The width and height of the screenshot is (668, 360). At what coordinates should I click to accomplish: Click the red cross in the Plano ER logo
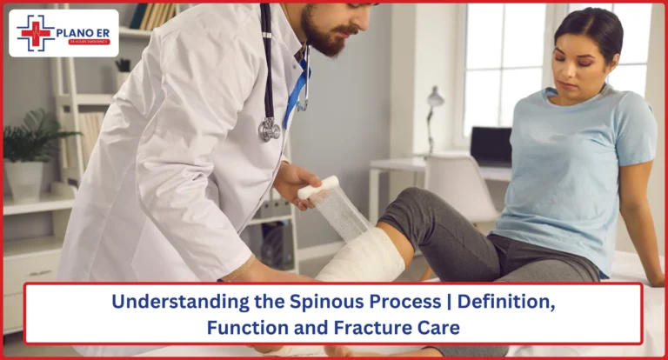(x=36, y=33)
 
